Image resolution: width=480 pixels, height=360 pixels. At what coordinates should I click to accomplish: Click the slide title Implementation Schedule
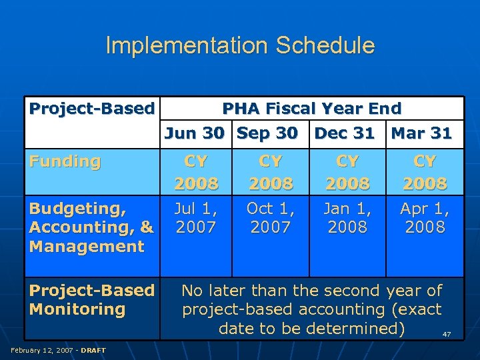tap(240, 45)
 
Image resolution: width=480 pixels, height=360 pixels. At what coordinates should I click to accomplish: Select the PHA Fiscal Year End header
tap(311, 109)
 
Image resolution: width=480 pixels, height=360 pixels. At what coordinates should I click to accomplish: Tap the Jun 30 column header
tap(194, 133)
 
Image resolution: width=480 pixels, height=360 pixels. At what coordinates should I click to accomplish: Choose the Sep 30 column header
tap(267, 133)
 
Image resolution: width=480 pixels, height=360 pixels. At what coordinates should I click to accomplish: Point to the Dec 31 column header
tap(344, 133)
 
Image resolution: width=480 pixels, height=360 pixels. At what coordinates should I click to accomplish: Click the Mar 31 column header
tap(421, 133)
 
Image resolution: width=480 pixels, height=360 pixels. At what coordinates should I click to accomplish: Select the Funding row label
tap(65, 161)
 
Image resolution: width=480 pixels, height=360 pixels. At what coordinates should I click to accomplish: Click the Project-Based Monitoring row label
tap(91, 300)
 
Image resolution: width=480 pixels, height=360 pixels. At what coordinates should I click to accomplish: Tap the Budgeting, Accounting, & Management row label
tap(91, 227)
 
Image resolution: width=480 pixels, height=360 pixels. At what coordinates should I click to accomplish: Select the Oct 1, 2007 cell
tap(270, 218)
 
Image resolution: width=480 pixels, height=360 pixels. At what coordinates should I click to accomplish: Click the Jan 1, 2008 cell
tap(347, 218)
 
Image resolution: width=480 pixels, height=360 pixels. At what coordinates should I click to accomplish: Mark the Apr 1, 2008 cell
tap(425, 218)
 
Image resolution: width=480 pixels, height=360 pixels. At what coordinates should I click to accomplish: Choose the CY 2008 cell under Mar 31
tap(425, 172)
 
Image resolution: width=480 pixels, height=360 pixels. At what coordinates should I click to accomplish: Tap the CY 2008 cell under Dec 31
tap(347, 172)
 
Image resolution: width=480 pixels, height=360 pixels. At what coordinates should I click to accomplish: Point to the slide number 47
tap(447, 334)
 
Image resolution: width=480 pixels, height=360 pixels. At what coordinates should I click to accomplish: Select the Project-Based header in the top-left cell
tap(91, 109)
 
